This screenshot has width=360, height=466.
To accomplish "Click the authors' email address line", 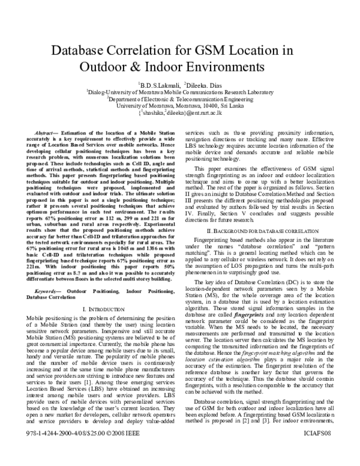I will (180, 112).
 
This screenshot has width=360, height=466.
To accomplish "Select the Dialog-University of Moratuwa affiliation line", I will (180, 92).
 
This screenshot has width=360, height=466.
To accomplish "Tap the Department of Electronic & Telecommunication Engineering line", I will (180, 99).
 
